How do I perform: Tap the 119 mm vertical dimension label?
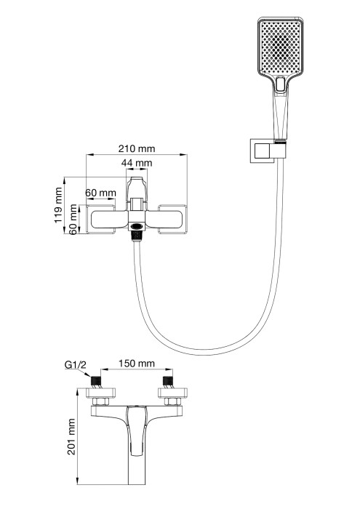[x=60, y=206]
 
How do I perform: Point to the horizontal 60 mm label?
[x=100, y=193]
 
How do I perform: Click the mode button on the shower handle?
[x=281, y=86]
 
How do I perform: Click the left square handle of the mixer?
[x=106, y=217]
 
